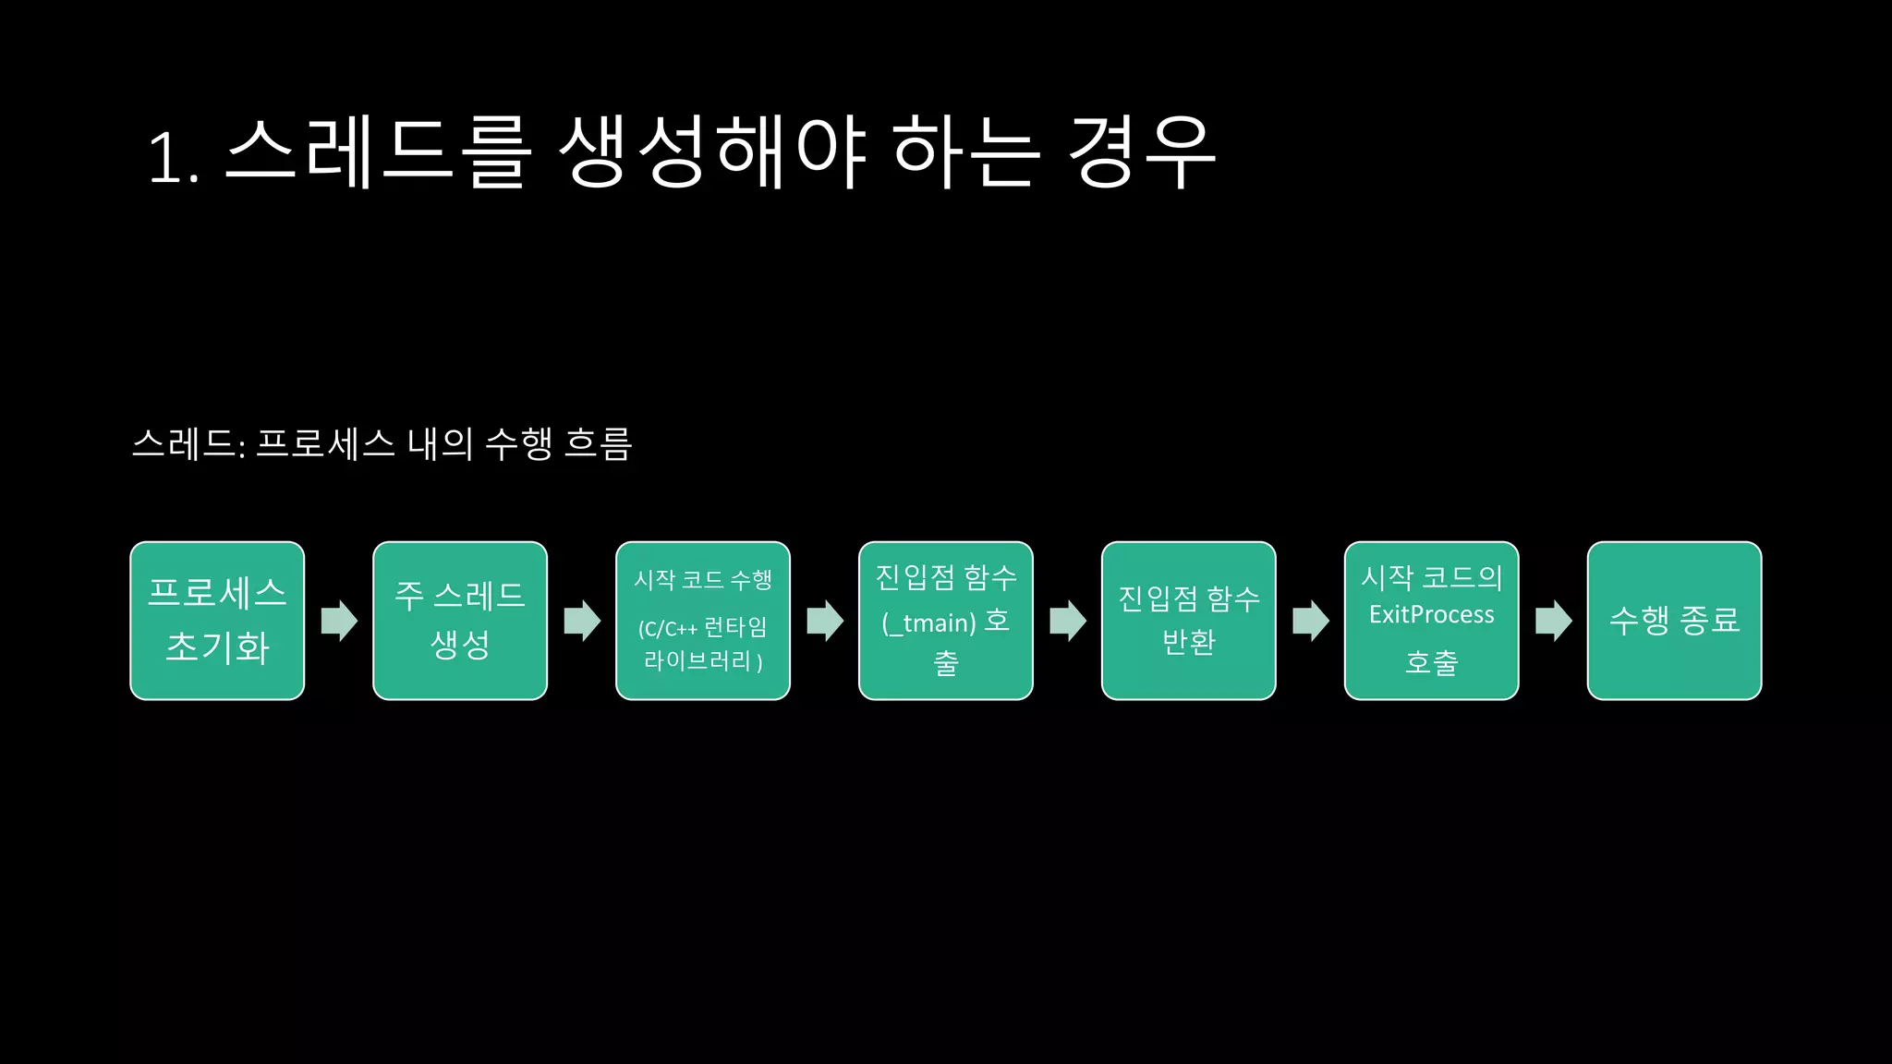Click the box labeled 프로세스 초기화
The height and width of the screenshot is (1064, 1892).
point(217,621)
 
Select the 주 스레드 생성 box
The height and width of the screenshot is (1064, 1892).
point(460,621)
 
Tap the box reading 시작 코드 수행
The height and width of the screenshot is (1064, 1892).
point(703,621)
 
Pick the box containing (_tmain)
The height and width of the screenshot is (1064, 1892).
point(946,621)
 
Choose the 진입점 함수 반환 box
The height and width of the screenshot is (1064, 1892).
point(1189,621)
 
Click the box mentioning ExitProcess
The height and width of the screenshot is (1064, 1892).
point(1432,621)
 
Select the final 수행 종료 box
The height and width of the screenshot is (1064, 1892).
point(1675,621)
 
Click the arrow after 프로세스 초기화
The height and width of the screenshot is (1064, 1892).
point(339,621)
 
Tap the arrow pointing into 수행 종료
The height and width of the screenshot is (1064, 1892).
point(1554,621)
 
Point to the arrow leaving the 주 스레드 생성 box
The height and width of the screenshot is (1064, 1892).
point(582,621)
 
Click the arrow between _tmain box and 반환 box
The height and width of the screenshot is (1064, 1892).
point(1068,621)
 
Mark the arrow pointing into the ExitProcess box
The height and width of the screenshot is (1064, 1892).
point(1311,621)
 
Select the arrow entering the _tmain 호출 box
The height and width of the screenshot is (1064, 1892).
point(825,621)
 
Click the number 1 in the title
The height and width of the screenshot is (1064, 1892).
point(166,157)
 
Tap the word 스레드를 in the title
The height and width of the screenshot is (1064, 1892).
point(379,152)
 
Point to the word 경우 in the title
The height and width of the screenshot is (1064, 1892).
point(1141,152)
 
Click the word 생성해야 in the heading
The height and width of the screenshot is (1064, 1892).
point(712,152)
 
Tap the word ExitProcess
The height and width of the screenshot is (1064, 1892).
point(1432,615)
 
